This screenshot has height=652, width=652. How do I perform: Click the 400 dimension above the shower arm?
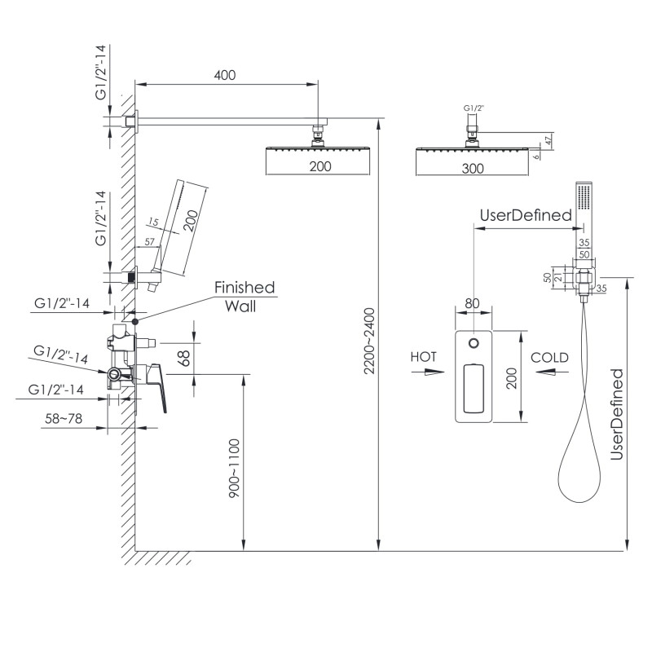coord(224,75)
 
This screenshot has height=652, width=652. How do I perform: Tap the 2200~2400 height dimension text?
coord(368,341)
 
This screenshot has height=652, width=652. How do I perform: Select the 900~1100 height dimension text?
coord(234,469)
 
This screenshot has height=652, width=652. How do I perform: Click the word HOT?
coord(424,357)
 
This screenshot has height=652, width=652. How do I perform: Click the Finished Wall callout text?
coord(244,297)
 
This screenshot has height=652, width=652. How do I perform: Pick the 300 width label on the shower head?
coord(473,168)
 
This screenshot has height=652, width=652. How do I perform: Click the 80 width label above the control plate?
coord(472,303)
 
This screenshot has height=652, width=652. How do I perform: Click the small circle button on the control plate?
coord(473,343)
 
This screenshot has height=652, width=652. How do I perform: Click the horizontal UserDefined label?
coord(525,216)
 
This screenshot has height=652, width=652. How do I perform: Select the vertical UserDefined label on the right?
coord(617,414)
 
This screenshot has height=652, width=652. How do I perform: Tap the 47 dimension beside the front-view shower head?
coord(548,140)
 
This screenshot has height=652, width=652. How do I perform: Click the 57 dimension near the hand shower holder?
coord(150,242)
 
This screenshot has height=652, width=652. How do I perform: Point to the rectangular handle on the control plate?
coord(473,390)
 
